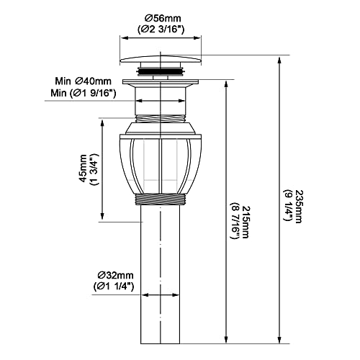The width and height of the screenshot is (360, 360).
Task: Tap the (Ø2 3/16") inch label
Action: coord(161,30)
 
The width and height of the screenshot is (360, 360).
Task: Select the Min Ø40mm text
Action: coord(84,81)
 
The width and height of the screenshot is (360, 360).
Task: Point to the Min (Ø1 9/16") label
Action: coord(84,93)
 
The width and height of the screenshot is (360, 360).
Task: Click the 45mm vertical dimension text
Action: coord(83,168)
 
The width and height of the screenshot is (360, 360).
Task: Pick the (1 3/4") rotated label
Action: coord(94,169)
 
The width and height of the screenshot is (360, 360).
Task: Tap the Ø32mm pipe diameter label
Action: coord(115,275)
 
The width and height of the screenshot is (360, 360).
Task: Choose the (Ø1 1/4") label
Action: coord(113,286)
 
